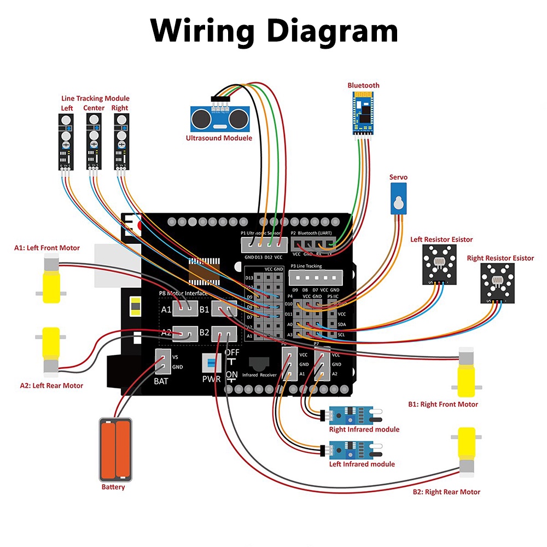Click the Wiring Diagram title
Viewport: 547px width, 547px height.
[274, 31]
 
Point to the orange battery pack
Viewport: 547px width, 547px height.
[115, 449]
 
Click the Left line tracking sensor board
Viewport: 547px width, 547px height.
[66, 141]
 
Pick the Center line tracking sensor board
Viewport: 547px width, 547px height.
[94, 141]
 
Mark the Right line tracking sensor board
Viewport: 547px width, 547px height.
[120, 141]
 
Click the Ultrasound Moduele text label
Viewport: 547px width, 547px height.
[219, 138]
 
